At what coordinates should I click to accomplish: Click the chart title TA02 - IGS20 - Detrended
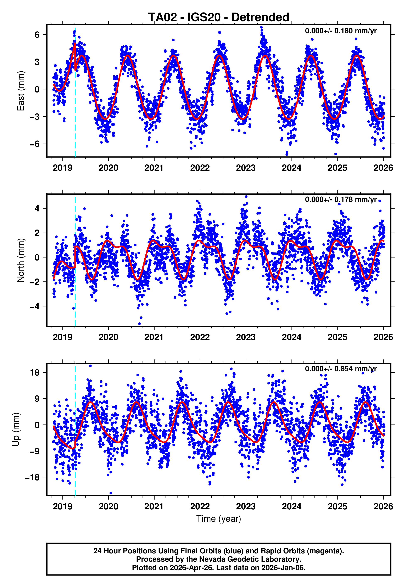coord(219,17)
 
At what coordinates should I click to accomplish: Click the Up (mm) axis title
coord(16,429)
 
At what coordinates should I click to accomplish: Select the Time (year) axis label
coord(219,519)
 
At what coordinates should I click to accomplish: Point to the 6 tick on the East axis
coord(37,35)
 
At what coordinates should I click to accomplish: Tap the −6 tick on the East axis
coord(35,144)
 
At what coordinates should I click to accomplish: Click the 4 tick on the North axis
coord(37,209)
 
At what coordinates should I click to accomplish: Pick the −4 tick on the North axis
coord(35,306)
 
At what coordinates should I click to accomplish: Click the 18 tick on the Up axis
coord(35,373)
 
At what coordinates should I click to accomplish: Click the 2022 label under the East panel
coord(200,168)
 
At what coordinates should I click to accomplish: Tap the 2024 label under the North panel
coord(291,337)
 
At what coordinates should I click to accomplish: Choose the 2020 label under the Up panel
coord(108,507)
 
